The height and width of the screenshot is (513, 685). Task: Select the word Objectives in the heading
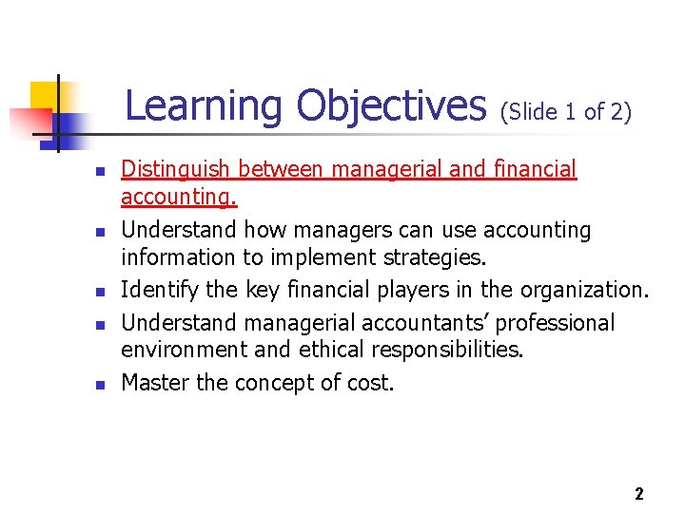point(391,105)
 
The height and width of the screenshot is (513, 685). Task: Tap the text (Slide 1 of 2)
point(565,112)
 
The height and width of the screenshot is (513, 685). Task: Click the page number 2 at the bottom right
point(638,493)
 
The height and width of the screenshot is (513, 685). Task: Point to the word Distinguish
point(176,170)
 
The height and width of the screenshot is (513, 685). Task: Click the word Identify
point(156,290)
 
